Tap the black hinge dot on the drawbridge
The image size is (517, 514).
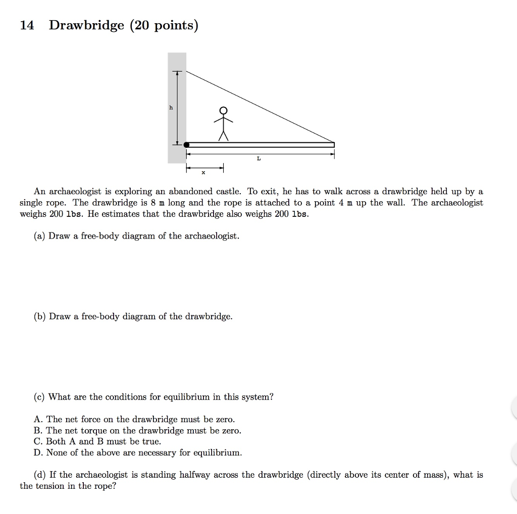point(186,145)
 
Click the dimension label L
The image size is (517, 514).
point(258,158)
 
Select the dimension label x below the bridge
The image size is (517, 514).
point(203,173)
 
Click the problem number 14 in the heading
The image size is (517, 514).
point(27,25)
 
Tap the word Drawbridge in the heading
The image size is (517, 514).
point(86,26)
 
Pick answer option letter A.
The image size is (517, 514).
point(37,420)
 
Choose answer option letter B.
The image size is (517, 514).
point(37,431)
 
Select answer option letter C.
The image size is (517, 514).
point(37,442)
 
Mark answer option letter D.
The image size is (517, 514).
point(37,453)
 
